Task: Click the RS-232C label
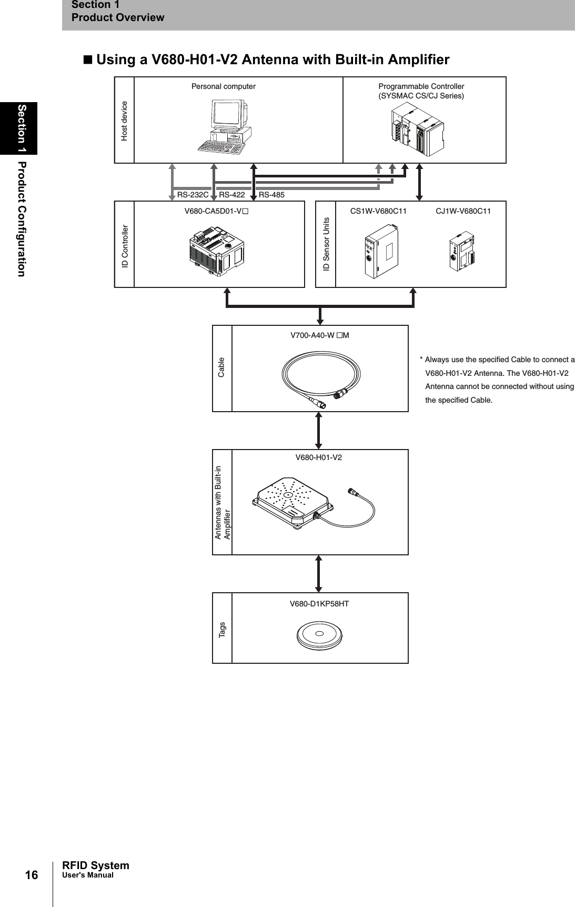click(193, 195)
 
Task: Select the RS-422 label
click(232, 195)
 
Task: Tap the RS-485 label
click(271, 195)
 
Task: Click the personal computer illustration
click(224, 126)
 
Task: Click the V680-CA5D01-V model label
click(216, 211)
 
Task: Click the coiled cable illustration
click(321, 377)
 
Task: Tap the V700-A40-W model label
click(320, 335)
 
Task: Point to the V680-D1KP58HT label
click(319, 604)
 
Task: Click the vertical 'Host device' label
click(125, 121)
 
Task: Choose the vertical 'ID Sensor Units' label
click(326, 244)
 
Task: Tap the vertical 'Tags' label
click(222, 628)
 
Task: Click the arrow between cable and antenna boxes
click(319, 430)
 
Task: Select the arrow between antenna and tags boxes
click(318, 573)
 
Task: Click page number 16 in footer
click(32, 875)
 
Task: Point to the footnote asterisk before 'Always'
click(421, 360)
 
